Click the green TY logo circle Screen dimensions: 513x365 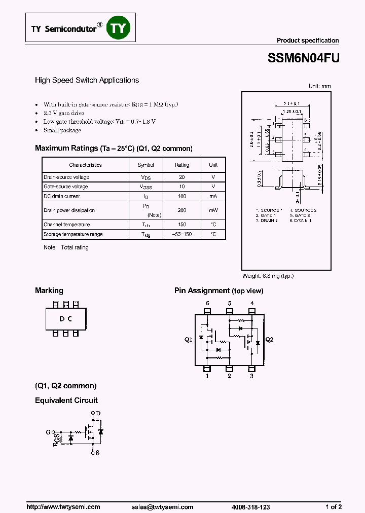[118, 28]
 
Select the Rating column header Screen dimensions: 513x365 [182, 165]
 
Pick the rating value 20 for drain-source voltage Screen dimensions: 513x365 [182, 177]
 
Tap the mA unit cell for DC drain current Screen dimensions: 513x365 [213, 196]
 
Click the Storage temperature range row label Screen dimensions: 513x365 [74, 234]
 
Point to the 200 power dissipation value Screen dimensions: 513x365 [182, 210]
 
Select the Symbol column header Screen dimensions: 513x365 [146, 165]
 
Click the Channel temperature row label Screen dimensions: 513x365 [67, 225]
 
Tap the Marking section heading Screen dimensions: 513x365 [49, 291]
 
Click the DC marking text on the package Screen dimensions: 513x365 [65, 319]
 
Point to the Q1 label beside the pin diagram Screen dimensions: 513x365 [189, 340]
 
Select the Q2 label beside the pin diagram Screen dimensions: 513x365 [269, 340]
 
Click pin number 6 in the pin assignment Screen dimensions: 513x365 [207, 304]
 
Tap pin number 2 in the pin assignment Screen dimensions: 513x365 [230, 376]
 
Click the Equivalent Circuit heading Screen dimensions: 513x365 [66, 400]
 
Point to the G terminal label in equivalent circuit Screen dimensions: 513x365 [48, 432]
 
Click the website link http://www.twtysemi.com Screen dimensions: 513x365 [63, 507]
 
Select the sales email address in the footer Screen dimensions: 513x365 [162, 507]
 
